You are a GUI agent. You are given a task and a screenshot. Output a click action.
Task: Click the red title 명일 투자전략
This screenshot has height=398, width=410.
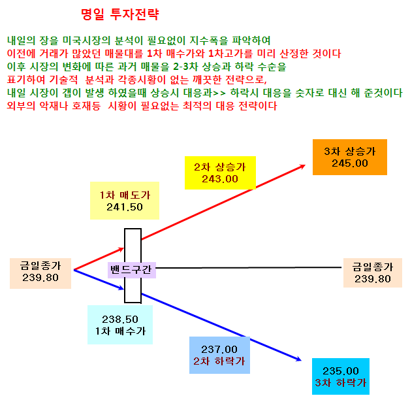[x=119, y=14]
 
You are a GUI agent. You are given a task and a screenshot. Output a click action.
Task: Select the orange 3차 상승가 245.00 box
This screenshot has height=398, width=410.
[x=350, y=157]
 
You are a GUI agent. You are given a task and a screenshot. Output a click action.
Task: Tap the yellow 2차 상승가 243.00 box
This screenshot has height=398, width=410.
[x=220, y=173]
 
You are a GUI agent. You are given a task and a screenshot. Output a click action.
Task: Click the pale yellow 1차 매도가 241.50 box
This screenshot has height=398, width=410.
[x=125, y=201]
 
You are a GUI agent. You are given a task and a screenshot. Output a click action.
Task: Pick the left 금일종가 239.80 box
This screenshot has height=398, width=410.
[x=40, y=273]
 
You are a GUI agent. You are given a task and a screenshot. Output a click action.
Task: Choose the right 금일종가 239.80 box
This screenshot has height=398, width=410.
[x=373, y=273]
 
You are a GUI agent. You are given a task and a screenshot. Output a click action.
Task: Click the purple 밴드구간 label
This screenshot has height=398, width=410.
[x=132, y=270]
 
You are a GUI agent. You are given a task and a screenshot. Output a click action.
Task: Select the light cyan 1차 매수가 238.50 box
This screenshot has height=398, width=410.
[x=120, y=325]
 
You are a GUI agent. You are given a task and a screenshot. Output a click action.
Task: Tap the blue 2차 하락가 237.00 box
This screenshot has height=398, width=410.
[x=219, y=355]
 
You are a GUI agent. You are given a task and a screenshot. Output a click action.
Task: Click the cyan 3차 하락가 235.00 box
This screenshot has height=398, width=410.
[x=341, y=376]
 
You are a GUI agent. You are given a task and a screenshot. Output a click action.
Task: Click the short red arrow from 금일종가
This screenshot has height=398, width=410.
[x=99, y=259]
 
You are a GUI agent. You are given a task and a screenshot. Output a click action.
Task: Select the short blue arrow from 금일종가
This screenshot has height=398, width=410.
[x=99, y=280]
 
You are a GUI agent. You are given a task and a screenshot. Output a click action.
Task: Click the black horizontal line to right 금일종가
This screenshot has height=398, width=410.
[x=248, y=268]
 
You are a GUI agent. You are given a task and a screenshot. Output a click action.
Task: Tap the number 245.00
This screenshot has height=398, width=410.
[x=350, y=163]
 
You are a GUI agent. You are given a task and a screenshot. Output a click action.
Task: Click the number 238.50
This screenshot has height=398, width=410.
[x=120, y=319]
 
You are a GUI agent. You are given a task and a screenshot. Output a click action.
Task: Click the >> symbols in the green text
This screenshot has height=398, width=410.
[x=219, y=93]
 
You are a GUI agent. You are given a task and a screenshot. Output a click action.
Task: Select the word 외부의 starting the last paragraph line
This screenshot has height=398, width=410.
[x=21, y=106]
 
